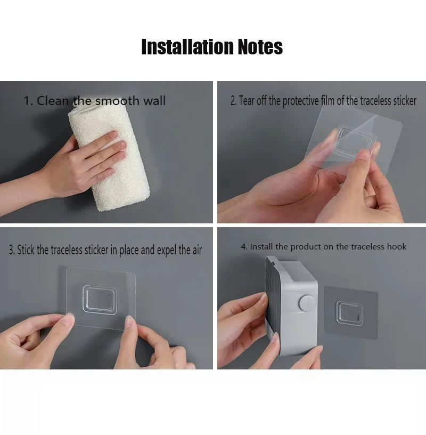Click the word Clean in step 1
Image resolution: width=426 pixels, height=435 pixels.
[x=53, y=101]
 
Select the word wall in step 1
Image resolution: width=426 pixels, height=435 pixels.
[x=154, y=101]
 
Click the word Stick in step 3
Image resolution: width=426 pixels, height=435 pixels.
[x=26, y=250]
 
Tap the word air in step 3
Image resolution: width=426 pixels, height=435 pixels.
[x=197, y=250]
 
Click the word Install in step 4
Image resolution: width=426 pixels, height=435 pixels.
[x=261, y=247]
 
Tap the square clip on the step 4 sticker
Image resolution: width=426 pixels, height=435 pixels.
[x=349, y=313]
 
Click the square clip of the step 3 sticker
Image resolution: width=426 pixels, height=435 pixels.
[x=100, y=300]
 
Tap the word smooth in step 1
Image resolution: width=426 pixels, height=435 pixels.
[x=117, y=101]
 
